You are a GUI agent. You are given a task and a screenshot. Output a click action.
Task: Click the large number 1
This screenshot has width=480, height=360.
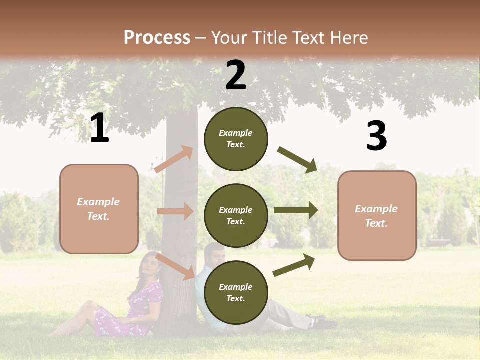click(x=99, y=128)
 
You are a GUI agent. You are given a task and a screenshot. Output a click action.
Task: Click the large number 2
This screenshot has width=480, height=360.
click(x=236, y=75)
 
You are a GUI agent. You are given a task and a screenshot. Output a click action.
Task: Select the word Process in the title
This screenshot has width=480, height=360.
click(x=157, y=37)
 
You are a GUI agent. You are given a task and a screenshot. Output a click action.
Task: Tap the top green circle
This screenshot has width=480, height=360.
click(x=236, y=139)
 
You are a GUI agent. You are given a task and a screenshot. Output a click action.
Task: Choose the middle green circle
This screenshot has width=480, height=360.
click(x=236, y=215)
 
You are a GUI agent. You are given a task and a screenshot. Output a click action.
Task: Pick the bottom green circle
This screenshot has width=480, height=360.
click(x=236, y=292)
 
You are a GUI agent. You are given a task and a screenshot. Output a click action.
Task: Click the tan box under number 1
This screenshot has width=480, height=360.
click(x=99, y=209)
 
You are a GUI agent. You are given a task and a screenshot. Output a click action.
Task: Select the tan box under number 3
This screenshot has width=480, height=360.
click(x=377, y=215)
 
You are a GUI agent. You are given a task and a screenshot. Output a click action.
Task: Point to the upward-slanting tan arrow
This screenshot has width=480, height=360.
click(x=173, y=159)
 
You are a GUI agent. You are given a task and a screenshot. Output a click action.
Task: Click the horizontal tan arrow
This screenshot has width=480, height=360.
click(x=175, y=211)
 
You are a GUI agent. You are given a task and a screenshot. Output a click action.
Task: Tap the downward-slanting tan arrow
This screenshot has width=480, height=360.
click(x=175, y=266)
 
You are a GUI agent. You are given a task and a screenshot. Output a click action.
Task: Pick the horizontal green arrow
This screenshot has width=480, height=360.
click(x=296, y=210)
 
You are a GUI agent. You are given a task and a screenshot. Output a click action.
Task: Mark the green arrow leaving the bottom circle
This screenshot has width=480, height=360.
click(x=294, y=265)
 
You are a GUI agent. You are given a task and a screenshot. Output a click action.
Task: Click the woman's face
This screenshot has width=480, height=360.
click(x=149, y=264)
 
